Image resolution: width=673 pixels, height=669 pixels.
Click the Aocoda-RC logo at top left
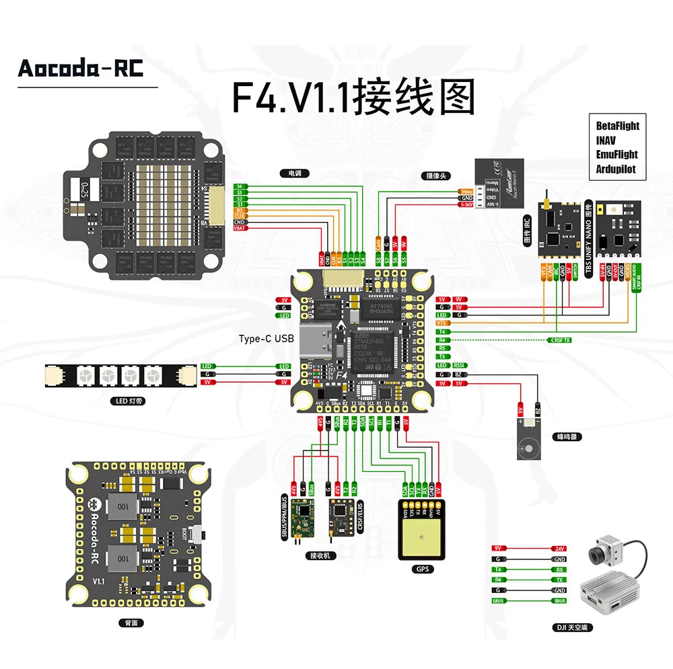point(80,68)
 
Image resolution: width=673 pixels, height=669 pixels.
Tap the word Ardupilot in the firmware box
point(615,169)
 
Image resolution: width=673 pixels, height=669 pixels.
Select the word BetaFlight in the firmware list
point(617,126)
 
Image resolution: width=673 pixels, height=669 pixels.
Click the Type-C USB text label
point(267,339)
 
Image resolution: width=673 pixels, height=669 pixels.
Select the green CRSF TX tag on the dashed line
point(560,340)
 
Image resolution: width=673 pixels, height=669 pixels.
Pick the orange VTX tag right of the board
point(442,323)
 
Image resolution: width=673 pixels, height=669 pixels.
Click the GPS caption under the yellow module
point(422,569)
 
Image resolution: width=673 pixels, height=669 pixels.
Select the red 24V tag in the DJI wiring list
point(559,549)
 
